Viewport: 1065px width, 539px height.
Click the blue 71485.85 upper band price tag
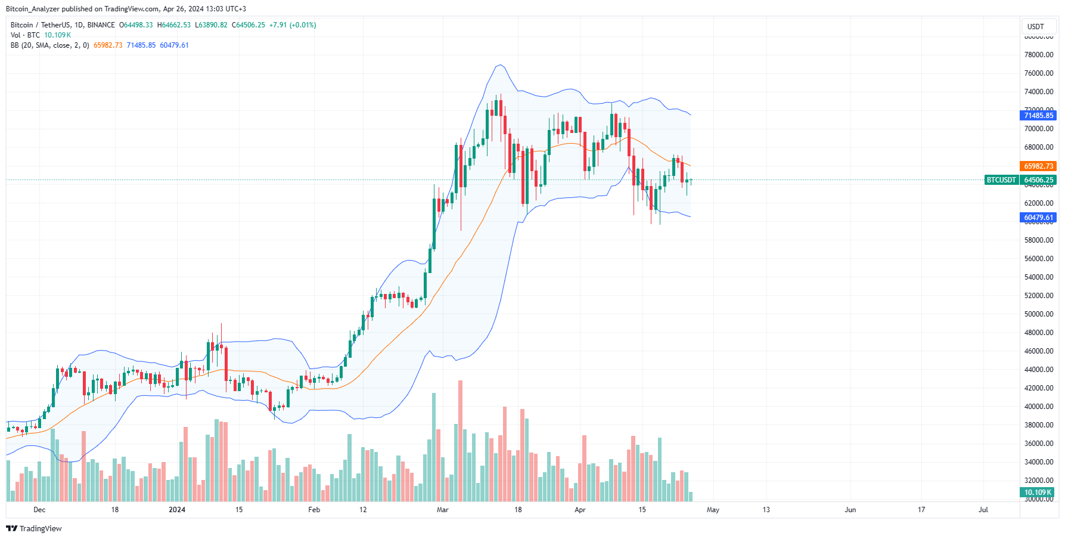[1038, 116]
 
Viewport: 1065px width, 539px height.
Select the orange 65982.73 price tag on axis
[1038, 166]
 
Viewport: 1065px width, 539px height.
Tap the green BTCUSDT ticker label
[1001, 180]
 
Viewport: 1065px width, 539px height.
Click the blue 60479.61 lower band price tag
[1038, 218]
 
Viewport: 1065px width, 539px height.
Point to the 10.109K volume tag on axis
[1038, 492]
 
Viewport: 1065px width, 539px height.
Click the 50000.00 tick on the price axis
[1038, 314]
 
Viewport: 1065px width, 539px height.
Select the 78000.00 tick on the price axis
[1038, 55]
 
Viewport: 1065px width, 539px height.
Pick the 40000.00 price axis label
[1038, 407]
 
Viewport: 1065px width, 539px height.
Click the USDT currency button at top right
[1036, 26]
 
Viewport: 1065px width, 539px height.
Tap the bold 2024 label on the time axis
[177, 510]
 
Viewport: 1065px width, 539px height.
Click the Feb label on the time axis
[314, 510]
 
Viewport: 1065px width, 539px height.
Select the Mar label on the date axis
[442, 510]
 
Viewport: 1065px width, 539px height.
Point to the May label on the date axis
[713, 510]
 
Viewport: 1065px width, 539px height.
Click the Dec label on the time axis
[39, 510]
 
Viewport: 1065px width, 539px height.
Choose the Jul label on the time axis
[983, 510]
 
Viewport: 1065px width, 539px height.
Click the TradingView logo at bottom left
[34, 529]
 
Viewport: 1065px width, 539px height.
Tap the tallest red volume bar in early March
[460, 441]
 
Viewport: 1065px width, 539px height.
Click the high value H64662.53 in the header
[174, 25]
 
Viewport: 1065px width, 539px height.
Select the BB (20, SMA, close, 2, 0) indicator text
[50, 45]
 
